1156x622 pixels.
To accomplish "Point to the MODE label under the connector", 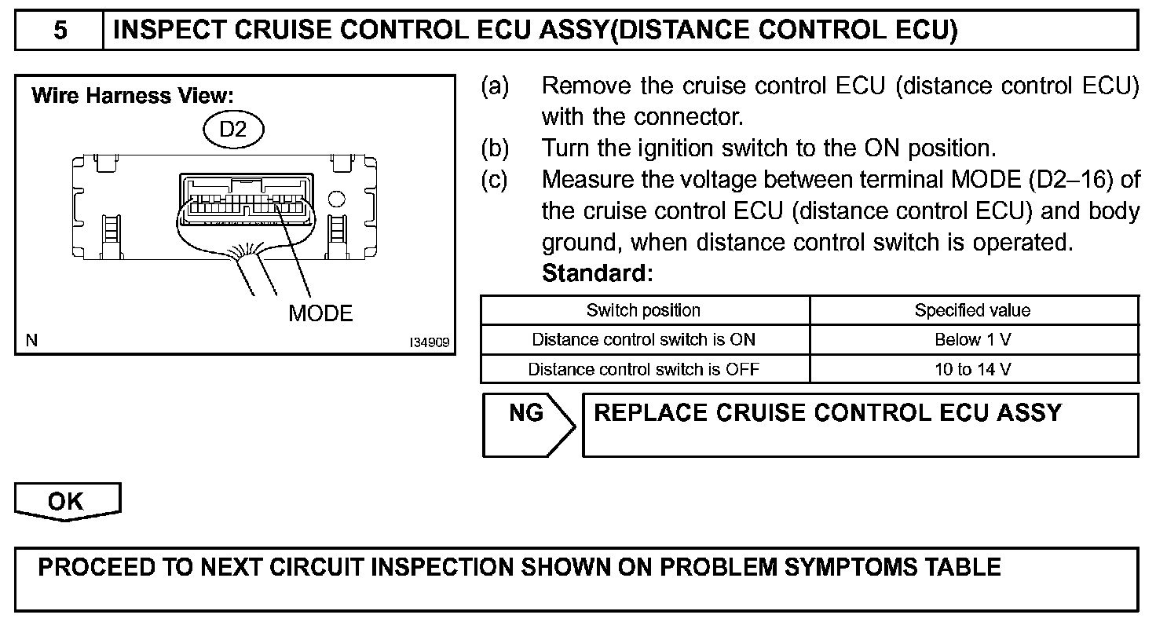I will pyautogui.click(x=320, y=313).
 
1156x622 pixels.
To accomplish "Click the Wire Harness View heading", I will pyautogui.click(x=132, y=96).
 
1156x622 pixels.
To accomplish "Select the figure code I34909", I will pyautogui.click(x=428, y=342).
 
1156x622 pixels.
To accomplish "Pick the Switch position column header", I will pyautogui.click(x=644, y=310).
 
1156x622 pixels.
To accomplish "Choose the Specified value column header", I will pyautogui.click(x=972, y=310).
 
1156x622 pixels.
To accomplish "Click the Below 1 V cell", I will pyautogui.click(x=972, y=340).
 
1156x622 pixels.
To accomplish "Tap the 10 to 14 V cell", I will pyautogui.click(x=972, y=369).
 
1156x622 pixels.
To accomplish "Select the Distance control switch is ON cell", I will pyautogui.click(x=644, y=340).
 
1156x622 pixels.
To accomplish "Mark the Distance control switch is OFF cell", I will pyautogui.click(x=644, y=369).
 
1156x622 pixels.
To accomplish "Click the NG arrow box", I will pyautogui.click(x=528, y=424).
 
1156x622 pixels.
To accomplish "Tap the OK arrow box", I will pyautogui.click(x=67, y=502).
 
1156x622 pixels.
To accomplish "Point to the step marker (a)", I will pyautogui.click(x=495, y=86).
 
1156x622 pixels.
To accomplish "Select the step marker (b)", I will pyautogui.click(x=495, y=148).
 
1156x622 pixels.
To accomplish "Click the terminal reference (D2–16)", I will pyautogui.click(x=1070, y=180).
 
